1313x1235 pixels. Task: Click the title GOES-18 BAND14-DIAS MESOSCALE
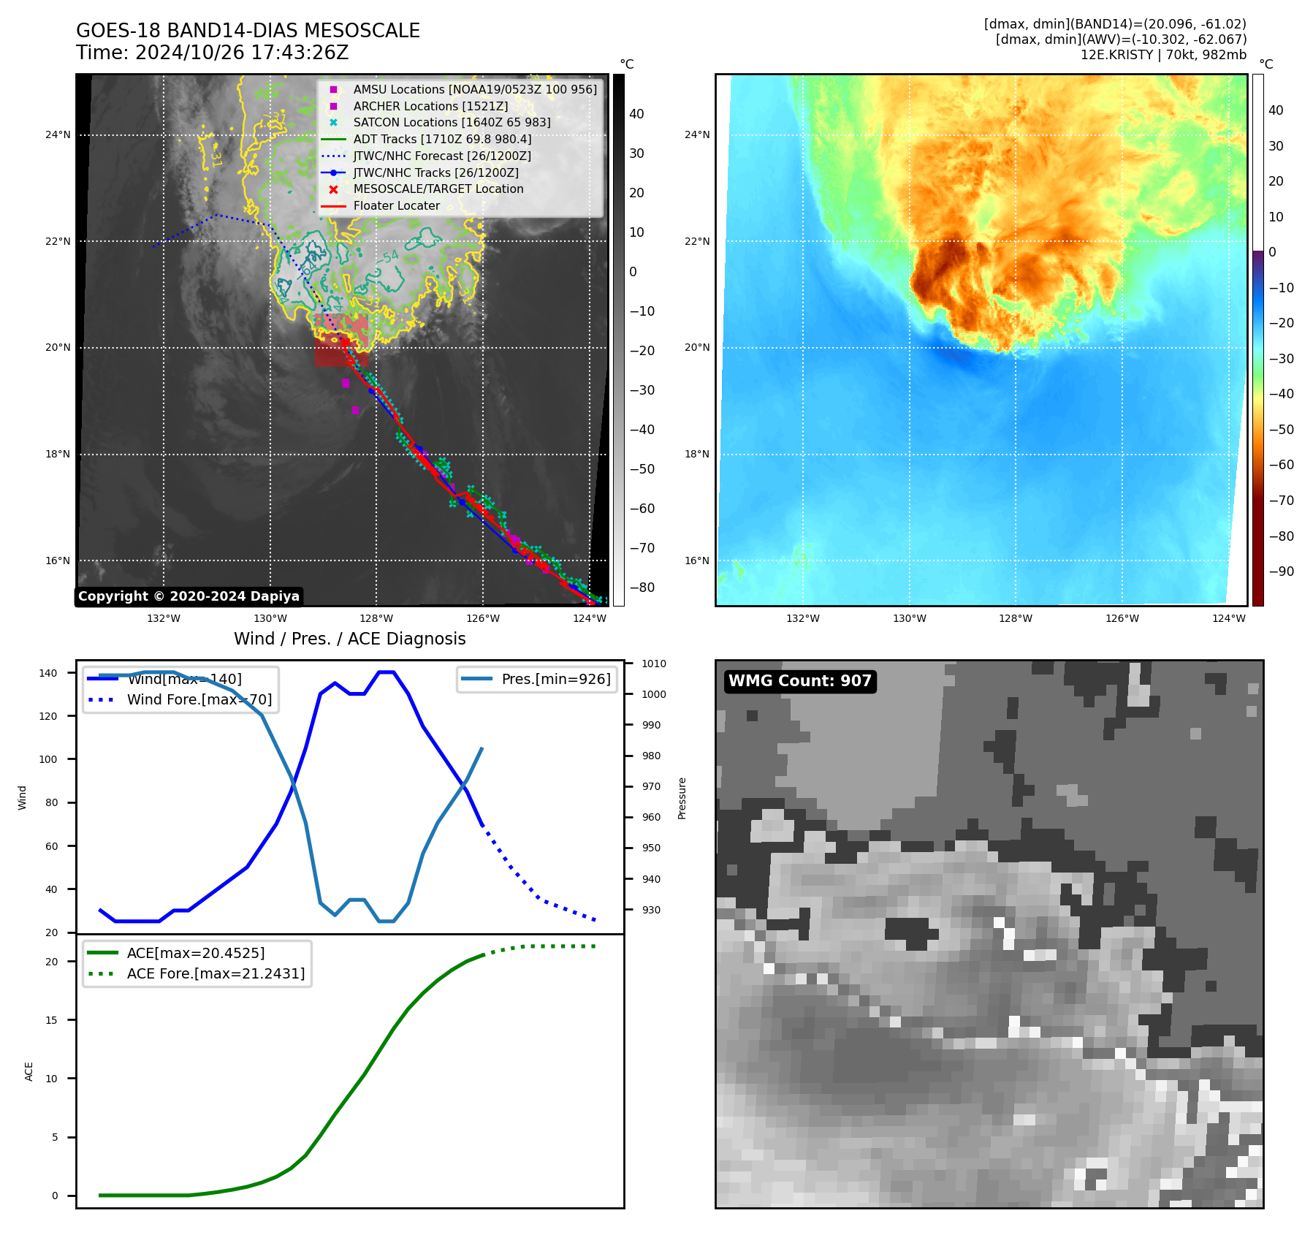pyautogui.click(x=248, y=31)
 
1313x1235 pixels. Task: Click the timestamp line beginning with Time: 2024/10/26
pyautogui.click(x=212, y=53)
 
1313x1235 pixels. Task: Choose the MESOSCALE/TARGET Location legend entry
pyautogui.click(x=438, y=189)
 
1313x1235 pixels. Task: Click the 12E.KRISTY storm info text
pyautogui.click(x=1163, y=55)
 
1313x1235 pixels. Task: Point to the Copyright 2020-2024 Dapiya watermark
pyautogui.click(x=189, y=596)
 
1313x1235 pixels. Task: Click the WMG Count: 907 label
pyautogui.click(x=799, y=681)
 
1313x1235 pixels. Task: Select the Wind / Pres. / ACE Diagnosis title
pyautogui.click(x=349, y=639)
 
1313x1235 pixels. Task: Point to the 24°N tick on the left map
pyautogui.click(x=58, y=134)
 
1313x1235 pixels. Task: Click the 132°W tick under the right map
pyautogui.click(x=802, y=618)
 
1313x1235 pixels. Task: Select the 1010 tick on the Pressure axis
pyautogui.click(x=654, y=664)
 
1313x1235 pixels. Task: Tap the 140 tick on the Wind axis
pyautogui.click(x=48, y=673)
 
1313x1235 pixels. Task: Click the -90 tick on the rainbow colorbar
pyautogui.click(x=1281, y=571)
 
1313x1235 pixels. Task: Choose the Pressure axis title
pyautogui.click(x=682, y=798)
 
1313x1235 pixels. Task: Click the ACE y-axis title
pyautogui.click(x=29, y=1071)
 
